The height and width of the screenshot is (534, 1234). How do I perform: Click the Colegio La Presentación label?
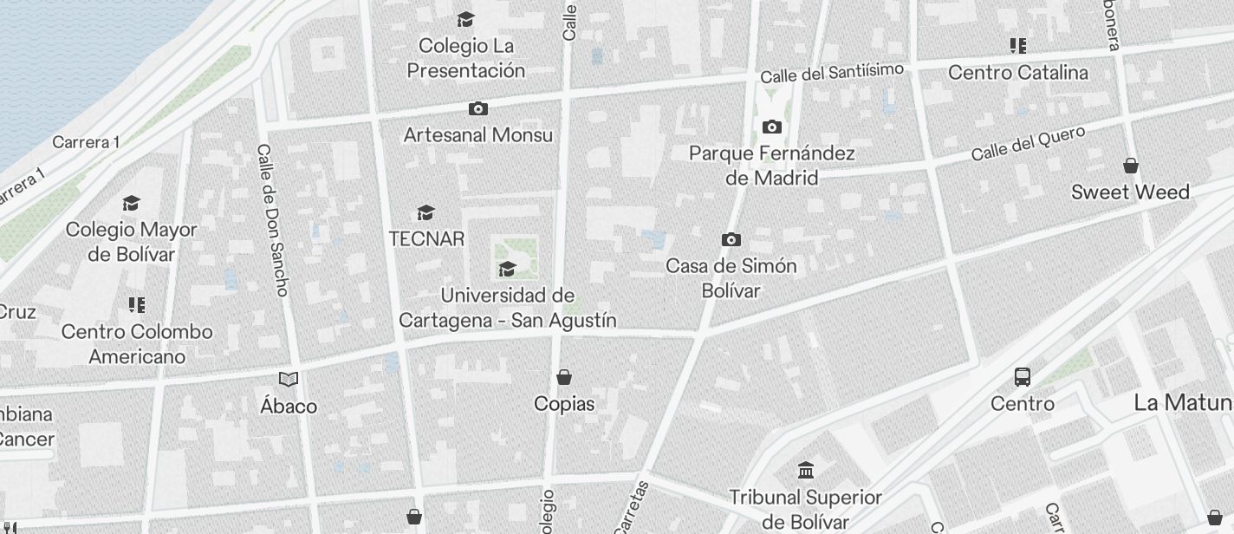466,57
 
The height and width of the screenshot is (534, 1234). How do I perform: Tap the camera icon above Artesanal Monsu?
477,109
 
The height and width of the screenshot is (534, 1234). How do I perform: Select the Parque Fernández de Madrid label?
772,166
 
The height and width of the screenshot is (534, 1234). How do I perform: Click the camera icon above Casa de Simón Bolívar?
731,240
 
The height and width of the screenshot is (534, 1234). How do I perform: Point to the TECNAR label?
426,238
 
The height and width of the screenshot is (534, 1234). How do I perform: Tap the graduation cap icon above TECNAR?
425,212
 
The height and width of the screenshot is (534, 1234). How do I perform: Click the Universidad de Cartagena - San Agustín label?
508,308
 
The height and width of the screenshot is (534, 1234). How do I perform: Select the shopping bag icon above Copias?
564,377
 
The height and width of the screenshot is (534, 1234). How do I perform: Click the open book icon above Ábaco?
289,379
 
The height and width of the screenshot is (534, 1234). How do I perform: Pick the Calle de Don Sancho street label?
272,219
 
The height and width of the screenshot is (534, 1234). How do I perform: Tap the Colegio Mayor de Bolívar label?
132,242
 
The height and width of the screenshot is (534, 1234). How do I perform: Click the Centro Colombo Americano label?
137,344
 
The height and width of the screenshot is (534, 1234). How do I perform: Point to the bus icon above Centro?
1023,377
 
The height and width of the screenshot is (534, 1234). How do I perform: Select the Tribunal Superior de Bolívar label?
805,510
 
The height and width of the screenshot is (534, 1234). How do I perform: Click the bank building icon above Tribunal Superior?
806,471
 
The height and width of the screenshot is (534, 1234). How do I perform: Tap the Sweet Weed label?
1130,192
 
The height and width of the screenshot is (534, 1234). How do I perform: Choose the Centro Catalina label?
1018,72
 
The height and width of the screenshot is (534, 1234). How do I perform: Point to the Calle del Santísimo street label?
832,73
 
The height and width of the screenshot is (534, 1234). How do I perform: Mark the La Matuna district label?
1184,402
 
